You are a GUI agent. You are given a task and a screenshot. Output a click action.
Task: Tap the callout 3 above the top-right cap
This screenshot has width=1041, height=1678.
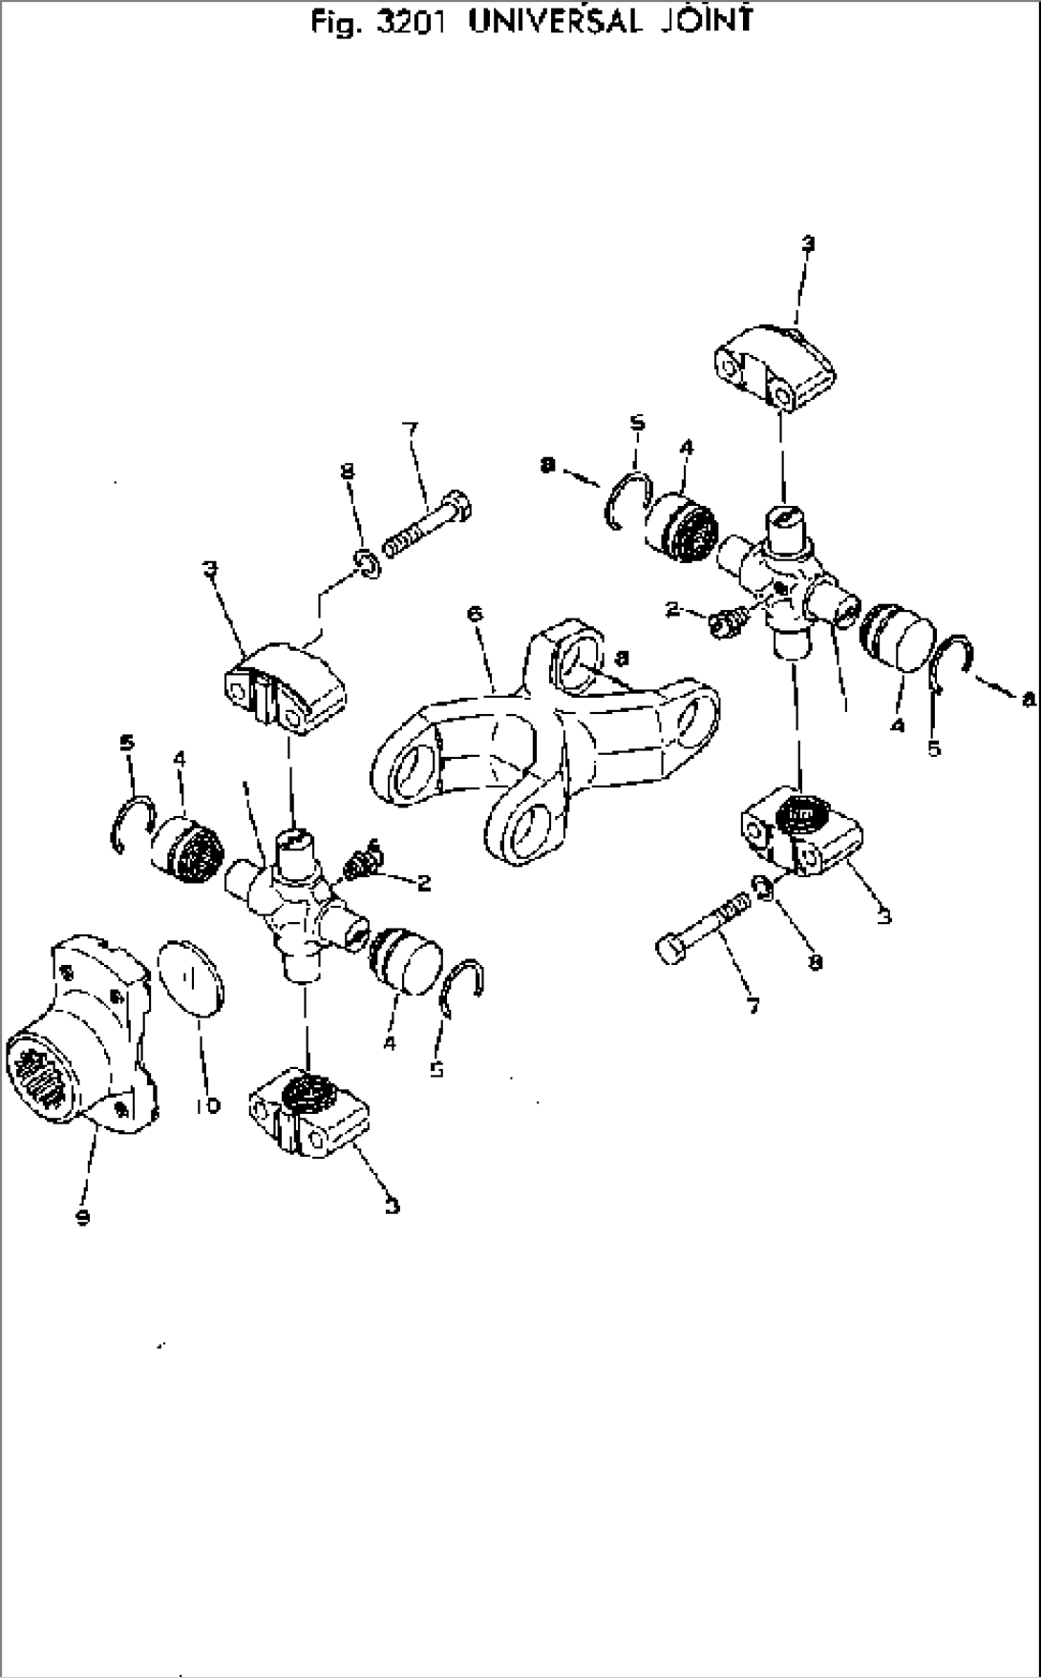807,245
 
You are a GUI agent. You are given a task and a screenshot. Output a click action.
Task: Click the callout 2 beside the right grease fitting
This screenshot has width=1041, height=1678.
673,609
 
